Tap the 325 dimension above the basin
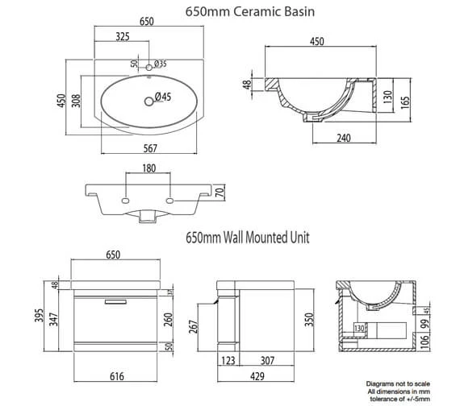pyautogui.click(x=123, y=37)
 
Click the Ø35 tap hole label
pyautogui.click(x=159, y=64)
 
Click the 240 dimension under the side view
pyautogui.click(x=342, y=138)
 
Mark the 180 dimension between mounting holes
pyautogui.click(x=148, y=168)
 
